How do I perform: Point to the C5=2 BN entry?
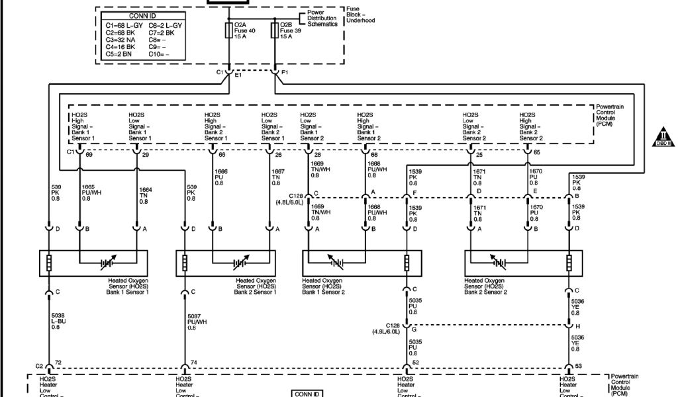(x=119, y=54)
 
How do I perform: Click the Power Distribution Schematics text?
(x=322, y=19)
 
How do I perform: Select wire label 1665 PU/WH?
(x=91, y=193)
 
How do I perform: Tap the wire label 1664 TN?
(x=145, y=196)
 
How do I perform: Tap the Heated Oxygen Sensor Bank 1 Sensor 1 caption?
(x=128, y=286)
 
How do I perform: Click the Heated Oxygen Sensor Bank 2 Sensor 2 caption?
(x=486, y=286)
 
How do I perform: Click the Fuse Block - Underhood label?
(x=360, y=15)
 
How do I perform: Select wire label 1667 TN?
(x=278, y=178)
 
